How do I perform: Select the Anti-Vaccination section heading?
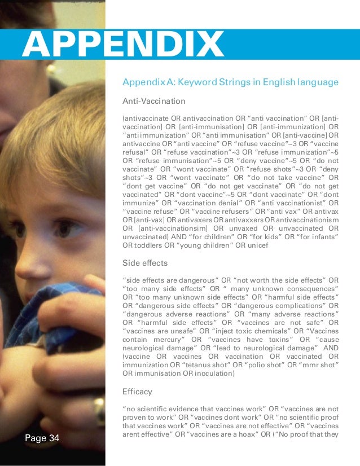click(154, 102)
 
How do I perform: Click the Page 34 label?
click(42, 438)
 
